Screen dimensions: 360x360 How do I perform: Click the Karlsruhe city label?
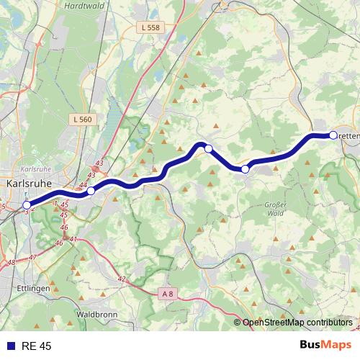[x=28, y=183]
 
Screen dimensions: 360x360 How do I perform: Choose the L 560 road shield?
[x=82, y=119]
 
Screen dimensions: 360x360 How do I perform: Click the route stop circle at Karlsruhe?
[x=27, y=204]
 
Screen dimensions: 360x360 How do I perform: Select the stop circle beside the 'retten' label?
[x=333, y=135]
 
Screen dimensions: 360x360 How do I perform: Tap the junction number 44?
[x=83, y=186]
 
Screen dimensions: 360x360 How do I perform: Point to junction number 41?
[x=73, y=238]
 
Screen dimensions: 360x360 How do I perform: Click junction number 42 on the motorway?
[x=121, y=279]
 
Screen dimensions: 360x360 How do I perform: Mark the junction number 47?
[x=32, y=257]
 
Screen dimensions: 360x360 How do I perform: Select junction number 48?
[x=10, y=263]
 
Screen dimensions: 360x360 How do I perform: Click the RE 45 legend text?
[x=36, y=346]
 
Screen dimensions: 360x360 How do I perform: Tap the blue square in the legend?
[x=10, y=346]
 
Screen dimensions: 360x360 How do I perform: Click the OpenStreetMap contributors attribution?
[x=296, y=322]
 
